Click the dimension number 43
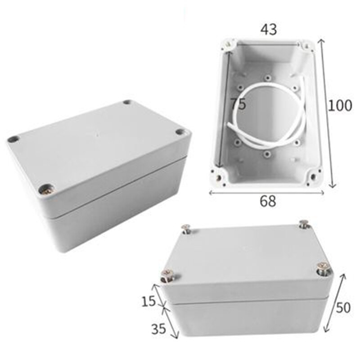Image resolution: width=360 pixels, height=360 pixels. click(x=268, y=29)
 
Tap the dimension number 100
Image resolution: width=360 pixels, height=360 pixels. click(x=339, y=105)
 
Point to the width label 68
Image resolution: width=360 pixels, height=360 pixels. click(x=267, y=201)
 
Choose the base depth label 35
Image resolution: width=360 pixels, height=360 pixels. click(x=158, y=329)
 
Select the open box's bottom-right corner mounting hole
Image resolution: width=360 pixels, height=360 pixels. click(x=312, y=178)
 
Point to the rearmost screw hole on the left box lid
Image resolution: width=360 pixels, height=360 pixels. click(x=127, y=102)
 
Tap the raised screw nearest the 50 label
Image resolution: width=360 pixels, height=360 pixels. click(x=323, y=268)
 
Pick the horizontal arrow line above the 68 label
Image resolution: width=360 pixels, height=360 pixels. click(x=267, y=192)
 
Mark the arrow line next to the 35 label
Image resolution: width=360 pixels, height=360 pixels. click(x=171, y=322)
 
